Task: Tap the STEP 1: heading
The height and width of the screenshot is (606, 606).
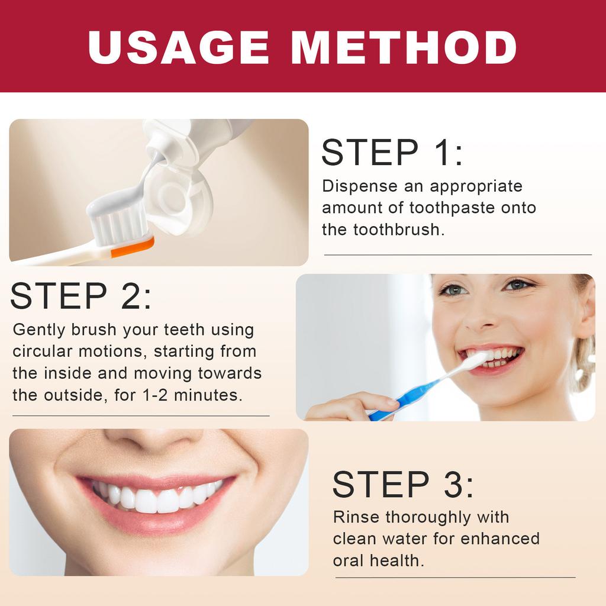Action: coord(392,152)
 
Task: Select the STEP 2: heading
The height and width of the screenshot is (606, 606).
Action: coord(80,295)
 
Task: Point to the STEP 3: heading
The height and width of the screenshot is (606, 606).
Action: coord(402,484)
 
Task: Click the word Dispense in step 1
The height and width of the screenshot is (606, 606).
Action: coord(360,186)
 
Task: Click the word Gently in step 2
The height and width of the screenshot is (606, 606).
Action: coord(38,330)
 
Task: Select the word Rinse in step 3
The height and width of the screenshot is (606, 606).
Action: coord(356,517)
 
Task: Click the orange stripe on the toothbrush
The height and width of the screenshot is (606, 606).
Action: coord(132,247)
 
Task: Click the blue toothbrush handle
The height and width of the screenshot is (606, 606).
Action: coord(407,398)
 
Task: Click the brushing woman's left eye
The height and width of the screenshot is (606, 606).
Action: coord(517,285)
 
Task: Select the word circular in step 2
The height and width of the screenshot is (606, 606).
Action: coord(42,352)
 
